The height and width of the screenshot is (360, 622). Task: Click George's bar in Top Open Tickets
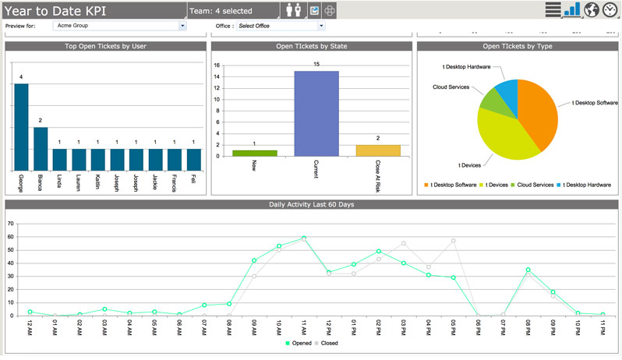click(x=21, y=127)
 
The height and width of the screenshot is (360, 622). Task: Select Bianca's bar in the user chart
click(x=41, y=149)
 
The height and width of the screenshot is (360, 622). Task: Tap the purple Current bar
click(x=316, y=114)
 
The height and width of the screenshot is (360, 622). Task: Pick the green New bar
click(x=255, y=153)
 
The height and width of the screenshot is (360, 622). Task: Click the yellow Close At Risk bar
click(x=378, y=150)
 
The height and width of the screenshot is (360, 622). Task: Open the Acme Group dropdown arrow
click(x=182, y=26)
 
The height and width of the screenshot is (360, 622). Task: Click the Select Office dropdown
click(x=281, y=26)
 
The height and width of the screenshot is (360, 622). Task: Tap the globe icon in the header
click(x=591, y=9)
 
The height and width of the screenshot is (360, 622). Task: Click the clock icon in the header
click(x=610, y=9)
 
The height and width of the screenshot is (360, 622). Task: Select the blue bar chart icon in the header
click(x=572, y=9)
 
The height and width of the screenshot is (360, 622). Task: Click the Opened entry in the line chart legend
click(x=299, y=343)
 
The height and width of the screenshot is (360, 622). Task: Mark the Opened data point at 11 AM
click(x=304, y=238)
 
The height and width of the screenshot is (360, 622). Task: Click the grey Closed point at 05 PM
click(x=453, y=241)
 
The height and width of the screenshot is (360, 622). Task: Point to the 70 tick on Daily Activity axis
click(x=10, y=224)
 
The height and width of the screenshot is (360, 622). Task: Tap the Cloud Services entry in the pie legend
click(x=532, y=185)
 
